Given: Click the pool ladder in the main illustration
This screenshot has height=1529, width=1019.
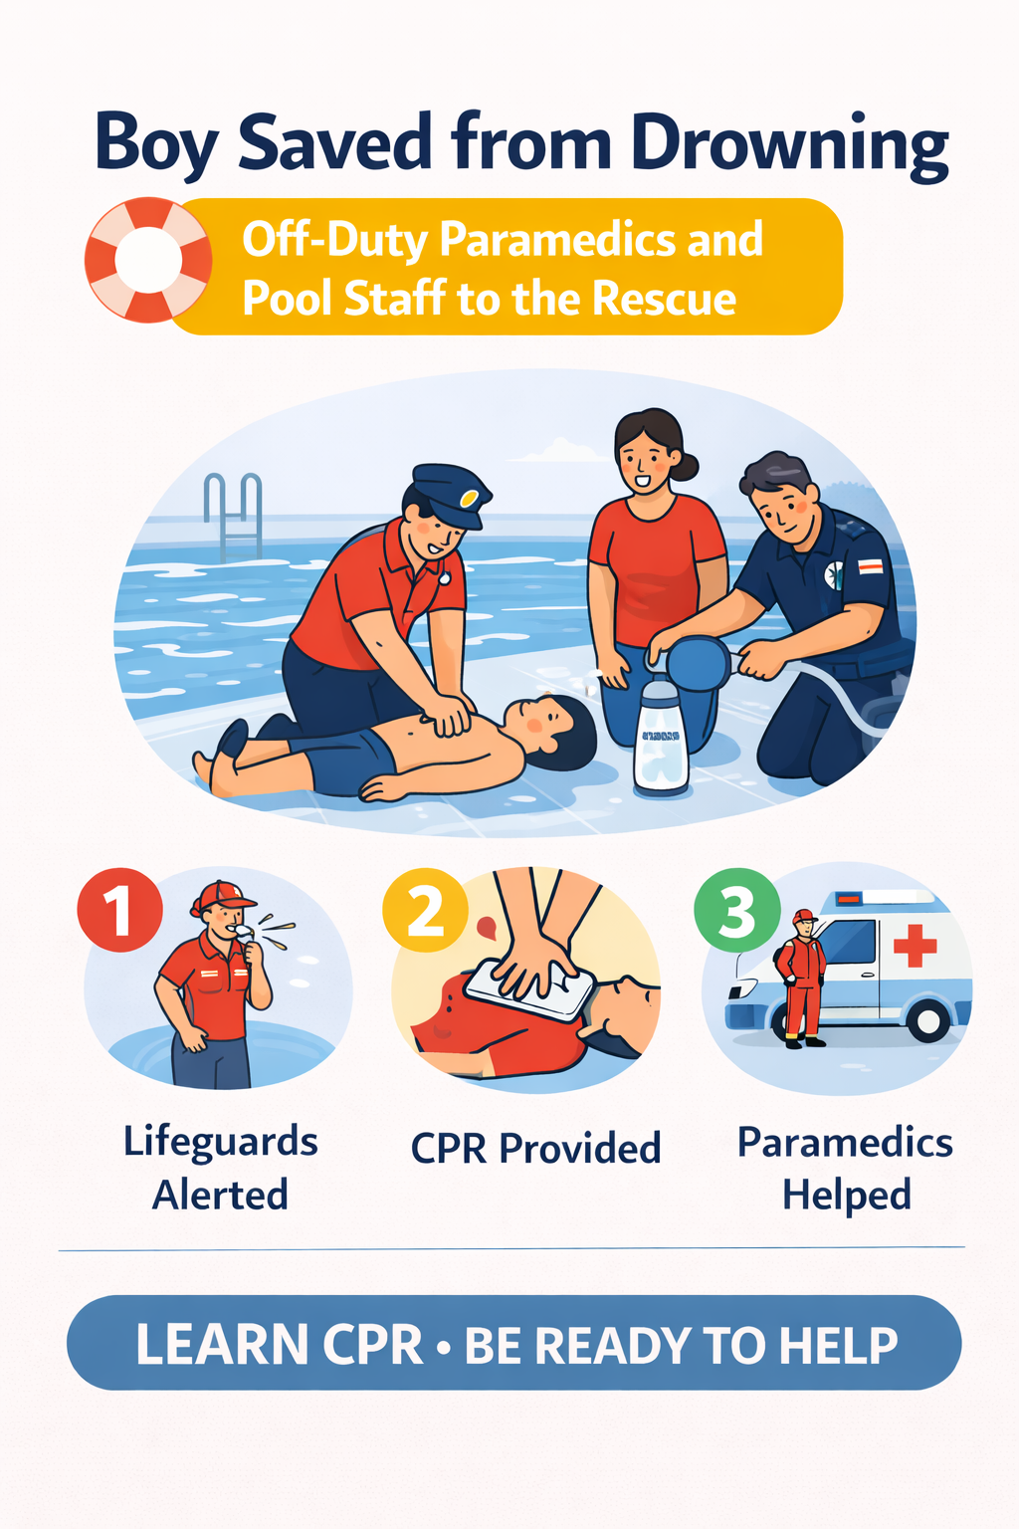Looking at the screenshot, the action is [233, 517].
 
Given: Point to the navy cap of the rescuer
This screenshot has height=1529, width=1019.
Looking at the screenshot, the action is [451, 491].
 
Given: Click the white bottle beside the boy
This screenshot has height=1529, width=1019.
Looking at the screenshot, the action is [661, 738].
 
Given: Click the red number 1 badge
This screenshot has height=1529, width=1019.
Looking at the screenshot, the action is [119, 910].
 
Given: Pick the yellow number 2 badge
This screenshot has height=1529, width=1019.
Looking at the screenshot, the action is [425, 910].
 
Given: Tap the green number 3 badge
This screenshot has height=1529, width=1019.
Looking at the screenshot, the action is [737, 910].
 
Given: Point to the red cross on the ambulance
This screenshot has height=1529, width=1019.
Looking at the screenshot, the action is [916, 946].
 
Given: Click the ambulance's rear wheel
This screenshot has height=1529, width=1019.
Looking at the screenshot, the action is [928, 1019].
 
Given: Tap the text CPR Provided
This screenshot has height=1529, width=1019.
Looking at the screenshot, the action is [535, 1148].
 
